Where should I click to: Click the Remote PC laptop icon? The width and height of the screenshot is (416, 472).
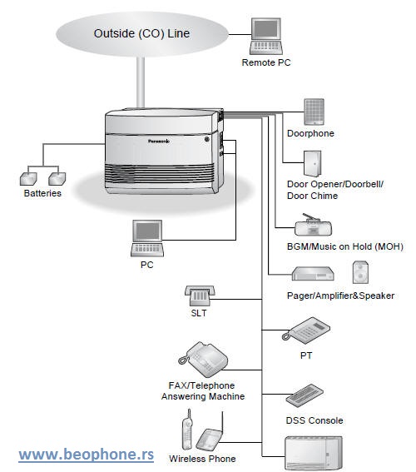pos(266,36)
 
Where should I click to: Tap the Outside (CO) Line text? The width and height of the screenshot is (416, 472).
pos(141,33)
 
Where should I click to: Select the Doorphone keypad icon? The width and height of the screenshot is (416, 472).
pos(314,112)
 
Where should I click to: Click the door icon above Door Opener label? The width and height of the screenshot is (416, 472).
pos(313,164)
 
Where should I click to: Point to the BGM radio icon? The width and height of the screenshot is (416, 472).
pos(313,225)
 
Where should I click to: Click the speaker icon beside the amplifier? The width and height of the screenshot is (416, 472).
pos(360,272)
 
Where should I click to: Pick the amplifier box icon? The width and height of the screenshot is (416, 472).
pos(313,274)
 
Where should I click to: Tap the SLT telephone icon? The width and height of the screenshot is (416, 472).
pos(200,296)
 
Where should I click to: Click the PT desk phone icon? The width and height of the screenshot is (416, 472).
pos(306,330)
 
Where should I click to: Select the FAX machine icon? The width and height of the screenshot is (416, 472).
pos(203,359)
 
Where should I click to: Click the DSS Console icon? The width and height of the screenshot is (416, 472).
pos(305,395)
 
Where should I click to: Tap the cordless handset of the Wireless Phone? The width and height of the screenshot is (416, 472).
pos(187,430)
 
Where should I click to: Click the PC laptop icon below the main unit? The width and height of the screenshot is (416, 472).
pos(147,238)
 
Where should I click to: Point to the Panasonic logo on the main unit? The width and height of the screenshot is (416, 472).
pos(159,141)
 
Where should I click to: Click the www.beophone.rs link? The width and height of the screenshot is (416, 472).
pos(87,455)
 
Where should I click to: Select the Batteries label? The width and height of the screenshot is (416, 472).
pos(42,193)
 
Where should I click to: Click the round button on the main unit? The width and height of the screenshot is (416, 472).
pos(206,139)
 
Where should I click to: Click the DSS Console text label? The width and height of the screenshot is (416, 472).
pos(314,420)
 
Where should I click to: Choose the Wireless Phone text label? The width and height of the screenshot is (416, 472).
pos(202,459)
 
